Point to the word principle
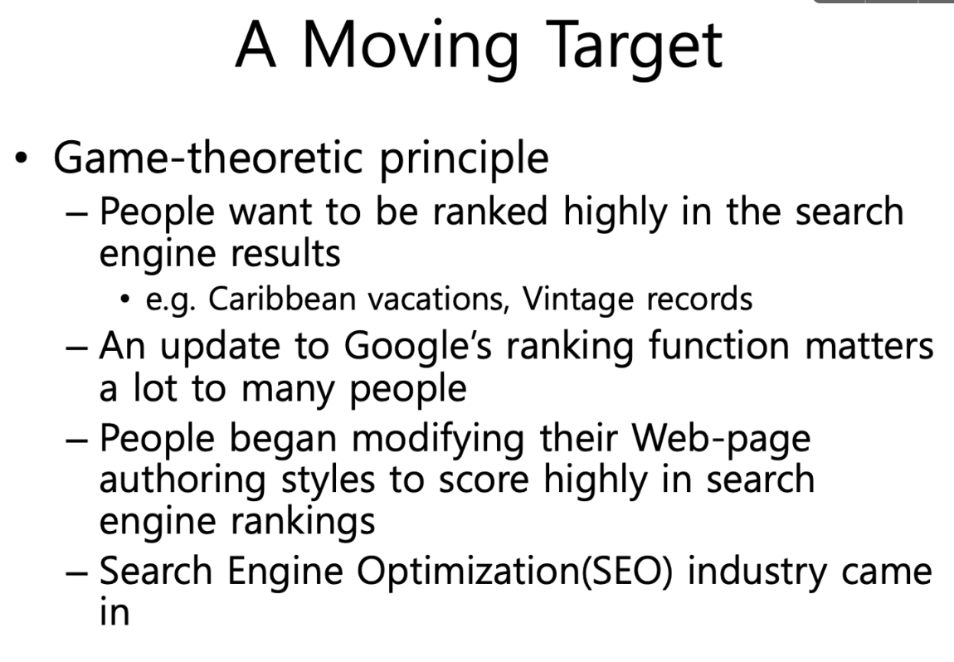click(x=464, y=158)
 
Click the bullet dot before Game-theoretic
click(x=22, y=159)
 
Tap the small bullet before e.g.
click(x=125, y=299)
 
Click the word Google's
click(x=418, y=347)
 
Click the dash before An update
click(x=76, y=348)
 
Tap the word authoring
click(x=183, y=480)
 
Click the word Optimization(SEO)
click(x=514, y=572)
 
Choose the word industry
click(x=757, y=572)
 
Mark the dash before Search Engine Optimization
click(x=76, y=572)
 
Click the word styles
click(x=328, y=480)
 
